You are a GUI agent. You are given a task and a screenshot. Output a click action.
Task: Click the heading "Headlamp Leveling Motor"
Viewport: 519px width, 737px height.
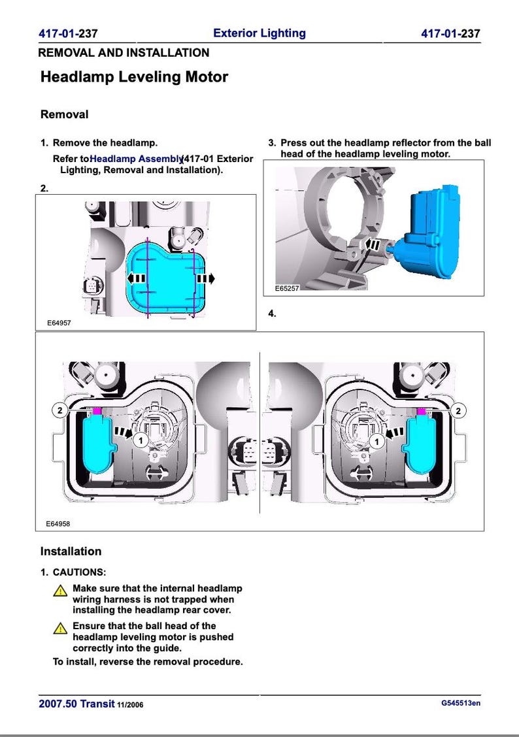[x=134, y=77]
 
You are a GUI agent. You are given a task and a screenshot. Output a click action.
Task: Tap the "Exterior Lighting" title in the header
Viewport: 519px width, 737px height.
[x=259, y=33]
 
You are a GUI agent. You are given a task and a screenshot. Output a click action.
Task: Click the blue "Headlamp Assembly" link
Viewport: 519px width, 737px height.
[x=136, y=159]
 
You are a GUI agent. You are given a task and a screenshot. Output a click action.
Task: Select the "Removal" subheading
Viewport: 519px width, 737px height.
[x=64, y=114]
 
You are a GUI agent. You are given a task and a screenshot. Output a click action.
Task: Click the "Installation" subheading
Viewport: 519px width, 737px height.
[x=71, y=551]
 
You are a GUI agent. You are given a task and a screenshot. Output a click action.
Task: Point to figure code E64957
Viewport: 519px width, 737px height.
[x=58, y=323]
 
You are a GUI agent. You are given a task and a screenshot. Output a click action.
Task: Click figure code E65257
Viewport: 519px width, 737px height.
[x=286, y=288]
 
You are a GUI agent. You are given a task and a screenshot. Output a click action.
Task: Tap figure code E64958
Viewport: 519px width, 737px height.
[x=58, y=524]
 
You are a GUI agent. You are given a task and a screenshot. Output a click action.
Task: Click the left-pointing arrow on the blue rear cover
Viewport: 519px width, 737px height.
[x=137, y=278]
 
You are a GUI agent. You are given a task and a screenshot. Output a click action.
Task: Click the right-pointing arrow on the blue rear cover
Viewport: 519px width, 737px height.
[x=205, y=278]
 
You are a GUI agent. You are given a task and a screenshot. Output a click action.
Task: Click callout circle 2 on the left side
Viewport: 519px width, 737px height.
[x=59, y=410]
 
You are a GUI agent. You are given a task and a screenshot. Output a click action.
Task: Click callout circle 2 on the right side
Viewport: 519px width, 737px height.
[x=459, y=410]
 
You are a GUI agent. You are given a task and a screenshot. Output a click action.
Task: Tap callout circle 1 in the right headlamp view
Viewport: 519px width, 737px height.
[x=377, y=442]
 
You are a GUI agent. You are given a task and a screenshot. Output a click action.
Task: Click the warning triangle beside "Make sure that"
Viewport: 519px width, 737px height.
[x=59, y=590]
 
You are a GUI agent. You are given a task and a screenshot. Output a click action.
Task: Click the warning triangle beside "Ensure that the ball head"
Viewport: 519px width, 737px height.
[x=59, y=628]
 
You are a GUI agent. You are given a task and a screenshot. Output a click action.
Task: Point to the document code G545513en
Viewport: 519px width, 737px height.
[x=461, y=703]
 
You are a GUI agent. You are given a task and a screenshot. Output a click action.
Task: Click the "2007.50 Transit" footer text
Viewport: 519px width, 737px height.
[x=76, y=704]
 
